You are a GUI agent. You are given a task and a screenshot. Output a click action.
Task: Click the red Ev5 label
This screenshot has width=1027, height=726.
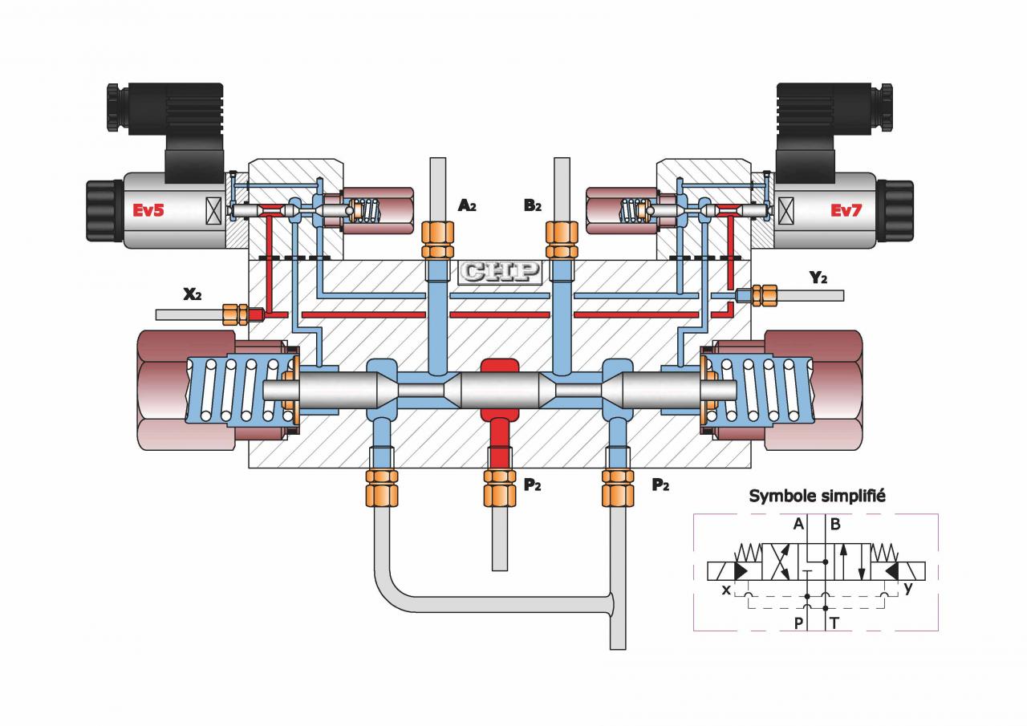tap(148, 210)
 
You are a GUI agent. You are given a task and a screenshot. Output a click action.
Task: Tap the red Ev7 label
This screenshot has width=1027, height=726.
tap(846, 210)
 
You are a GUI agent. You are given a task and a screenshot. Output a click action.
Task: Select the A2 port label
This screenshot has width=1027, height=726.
tap(467, 206)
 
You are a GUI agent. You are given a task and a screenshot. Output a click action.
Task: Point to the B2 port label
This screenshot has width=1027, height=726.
tap(533, 206)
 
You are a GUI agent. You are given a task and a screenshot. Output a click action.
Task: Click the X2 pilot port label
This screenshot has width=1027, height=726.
tap(192, 294)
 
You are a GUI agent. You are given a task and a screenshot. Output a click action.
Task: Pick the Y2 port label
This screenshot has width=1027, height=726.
tap(818, 278)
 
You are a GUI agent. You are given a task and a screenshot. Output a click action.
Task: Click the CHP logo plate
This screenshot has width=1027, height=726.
tap(500, 272)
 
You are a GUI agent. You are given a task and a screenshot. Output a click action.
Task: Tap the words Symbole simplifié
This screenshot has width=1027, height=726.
tap(817, 497)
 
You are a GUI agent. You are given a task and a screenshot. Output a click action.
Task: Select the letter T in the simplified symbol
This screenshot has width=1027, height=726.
tap(834, 623)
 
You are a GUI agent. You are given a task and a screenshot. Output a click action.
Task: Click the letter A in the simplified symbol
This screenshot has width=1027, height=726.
tap(798, 524)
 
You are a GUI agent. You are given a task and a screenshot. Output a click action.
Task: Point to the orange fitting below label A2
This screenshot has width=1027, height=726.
tap(437, 240)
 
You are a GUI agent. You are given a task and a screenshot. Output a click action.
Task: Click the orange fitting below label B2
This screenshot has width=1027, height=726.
tap(562, 240)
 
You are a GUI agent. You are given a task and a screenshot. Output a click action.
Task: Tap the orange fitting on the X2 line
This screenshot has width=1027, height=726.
tap(235, 314)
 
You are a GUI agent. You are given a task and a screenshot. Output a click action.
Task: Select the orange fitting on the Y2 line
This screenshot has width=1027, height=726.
tap(765, 295)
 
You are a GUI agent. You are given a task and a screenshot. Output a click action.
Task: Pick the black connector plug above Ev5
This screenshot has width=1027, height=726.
tap(165, 133)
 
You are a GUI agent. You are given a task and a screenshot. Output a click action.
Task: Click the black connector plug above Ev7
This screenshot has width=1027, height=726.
tap(834, 133)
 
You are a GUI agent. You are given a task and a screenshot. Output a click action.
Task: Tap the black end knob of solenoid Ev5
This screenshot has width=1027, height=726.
tap(105, 211)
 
